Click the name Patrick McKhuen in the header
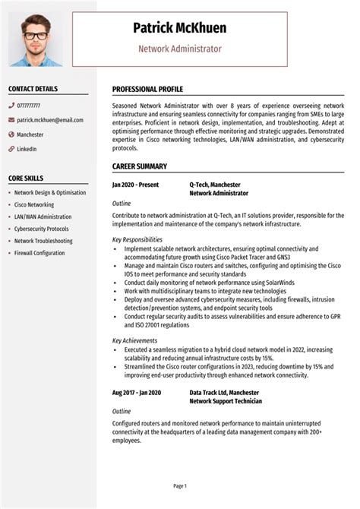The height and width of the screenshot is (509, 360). (x=179, y=28)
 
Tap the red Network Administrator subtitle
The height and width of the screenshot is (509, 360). (x=179, y=49)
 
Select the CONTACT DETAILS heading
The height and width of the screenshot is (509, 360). (x=33, y=89)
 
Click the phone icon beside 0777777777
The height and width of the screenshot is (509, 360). (x=11, y=106)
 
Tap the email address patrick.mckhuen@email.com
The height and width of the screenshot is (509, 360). (x=50, y=120)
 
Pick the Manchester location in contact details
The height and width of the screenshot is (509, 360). (x=30, y=134)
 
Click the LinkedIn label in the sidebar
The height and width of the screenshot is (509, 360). (x=27, y=149)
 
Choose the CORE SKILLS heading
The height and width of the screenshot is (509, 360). (x=25, y=178)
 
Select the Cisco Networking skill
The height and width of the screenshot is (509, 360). (x=34, y=204)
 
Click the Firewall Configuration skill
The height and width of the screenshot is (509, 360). (x=39, y=253)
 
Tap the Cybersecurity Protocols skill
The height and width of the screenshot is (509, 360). (x=41, y=229)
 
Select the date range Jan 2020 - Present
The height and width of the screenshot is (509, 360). (x=136, y=185)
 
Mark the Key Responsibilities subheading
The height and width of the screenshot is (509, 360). (x=137, y=239)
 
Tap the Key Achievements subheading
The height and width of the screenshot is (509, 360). (x=134, y=340)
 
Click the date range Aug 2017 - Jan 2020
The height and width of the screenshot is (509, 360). (x=137, y=393)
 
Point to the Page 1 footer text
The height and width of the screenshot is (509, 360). (x=180, y=485)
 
